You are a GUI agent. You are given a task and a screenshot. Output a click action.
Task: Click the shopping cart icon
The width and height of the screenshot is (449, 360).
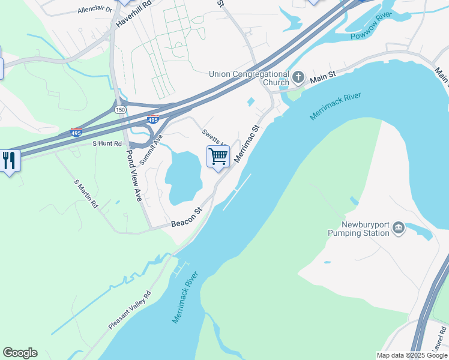click(x=218, y=157)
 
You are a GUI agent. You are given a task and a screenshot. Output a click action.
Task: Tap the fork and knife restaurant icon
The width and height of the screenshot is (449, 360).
click(x=9, y=160)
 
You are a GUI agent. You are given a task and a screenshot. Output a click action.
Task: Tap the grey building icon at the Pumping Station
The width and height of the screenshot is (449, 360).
click(x=398, y=228)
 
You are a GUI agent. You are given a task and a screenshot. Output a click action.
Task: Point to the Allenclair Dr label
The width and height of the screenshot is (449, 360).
click(x=95, y=10)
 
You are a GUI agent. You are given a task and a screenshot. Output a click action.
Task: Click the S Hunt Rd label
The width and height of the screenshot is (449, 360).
click(x=107, y=143)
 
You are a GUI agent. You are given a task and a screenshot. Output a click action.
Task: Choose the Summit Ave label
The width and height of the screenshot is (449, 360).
click(x=151, y=150)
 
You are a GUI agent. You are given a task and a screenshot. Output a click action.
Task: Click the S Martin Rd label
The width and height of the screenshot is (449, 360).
click(x=86, y=194)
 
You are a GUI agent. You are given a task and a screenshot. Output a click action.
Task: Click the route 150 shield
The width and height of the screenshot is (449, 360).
click(x=120, y=110)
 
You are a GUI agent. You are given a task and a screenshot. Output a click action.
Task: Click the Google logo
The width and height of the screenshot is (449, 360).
click(x=20, y=353)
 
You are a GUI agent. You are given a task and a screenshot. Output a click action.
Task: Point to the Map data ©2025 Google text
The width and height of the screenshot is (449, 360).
click(x=412, y=355)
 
